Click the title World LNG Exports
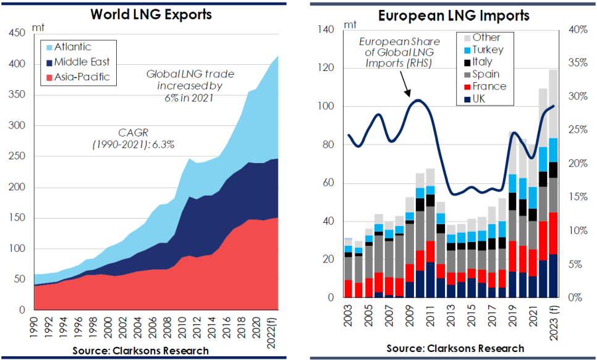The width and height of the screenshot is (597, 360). coord(151,14)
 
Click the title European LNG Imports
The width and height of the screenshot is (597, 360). coord(454,15)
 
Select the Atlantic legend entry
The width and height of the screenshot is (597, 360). coord(69,47)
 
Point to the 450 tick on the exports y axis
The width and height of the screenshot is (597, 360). coord(17,33)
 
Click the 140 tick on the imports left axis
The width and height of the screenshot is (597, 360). coord(325,29)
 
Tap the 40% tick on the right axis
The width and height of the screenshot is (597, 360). coord(578,29)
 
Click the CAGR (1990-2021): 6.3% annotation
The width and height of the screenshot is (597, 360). coord(133,138)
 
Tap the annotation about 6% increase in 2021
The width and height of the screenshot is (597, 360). coord(190,86)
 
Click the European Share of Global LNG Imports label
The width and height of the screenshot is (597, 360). coord(399,52)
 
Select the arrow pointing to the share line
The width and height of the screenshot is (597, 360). coord(405,83)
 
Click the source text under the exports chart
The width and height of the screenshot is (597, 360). coord(140,351)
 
